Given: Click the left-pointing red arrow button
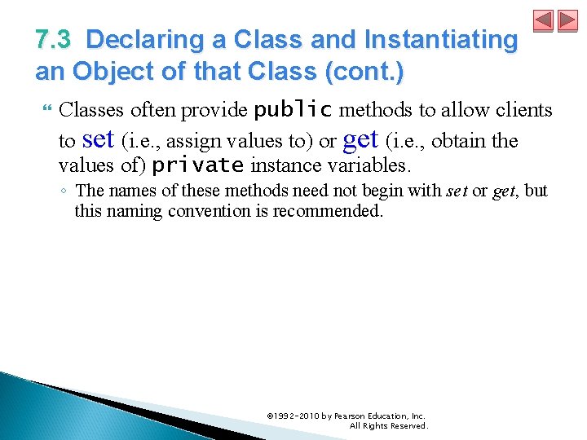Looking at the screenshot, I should pos(543,21).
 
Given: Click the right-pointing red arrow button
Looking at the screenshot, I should pos(567,21).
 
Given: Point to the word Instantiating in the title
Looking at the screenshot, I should pos(445,40).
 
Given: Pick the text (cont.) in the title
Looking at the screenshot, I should pos(363,72).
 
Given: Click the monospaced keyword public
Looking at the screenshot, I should pos(293,110).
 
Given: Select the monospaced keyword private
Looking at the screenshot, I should pos(198,165).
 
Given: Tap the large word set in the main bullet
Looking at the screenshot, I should pos(98,139).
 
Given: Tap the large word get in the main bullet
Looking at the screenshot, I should pos(360,139).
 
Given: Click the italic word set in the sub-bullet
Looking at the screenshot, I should pos(457,191).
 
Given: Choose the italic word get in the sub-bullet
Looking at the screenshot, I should pos(504,191).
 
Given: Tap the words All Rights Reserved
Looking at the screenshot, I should pos(388,426).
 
